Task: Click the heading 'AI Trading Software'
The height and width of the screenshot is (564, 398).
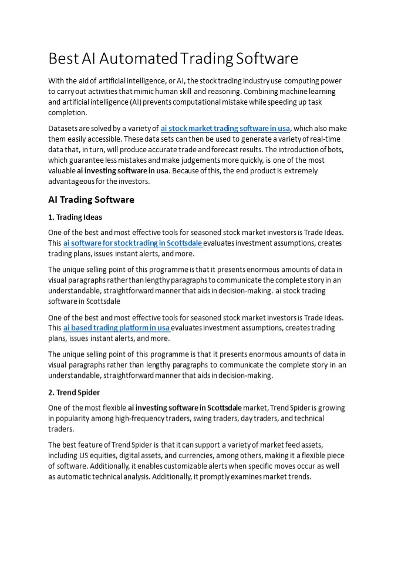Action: (x=91, y=200)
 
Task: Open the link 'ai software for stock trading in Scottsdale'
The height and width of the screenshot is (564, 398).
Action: (x=133, y=243)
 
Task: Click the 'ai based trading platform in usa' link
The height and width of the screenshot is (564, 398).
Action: (x=117, y=328)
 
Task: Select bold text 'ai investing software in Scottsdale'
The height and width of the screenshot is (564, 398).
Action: (x=185, y=408)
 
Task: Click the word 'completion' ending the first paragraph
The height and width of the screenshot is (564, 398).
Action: (x=67, y=113)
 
